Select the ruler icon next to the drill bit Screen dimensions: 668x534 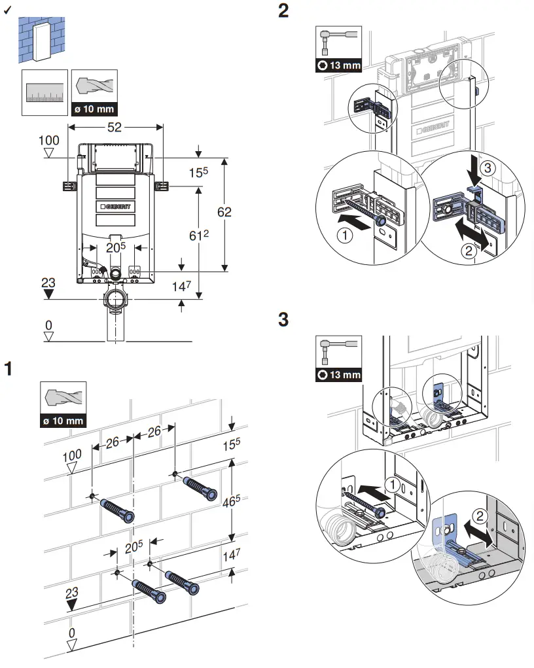[x=44, y=92]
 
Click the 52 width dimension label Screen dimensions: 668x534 [x=115, y=127]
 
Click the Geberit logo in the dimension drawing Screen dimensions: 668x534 [x=115, y=206]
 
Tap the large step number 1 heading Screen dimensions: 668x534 [x=9, y=368]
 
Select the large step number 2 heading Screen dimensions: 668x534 [x=283, y=12]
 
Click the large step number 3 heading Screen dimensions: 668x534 [x=283, y=320]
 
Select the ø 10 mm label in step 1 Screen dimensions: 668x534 [x=63, y=420]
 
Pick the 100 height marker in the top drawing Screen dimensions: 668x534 [x=49, y=141]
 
